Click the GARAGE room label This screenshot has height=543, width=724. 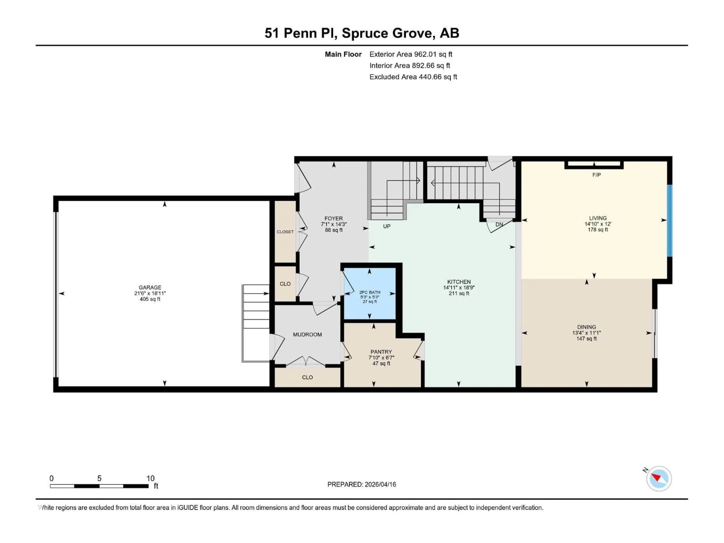(x=150, y=287)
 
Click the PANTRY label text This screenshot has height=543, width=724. (x=381, y=352)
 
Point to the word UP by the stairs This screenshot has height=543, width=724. (x=387, y=226)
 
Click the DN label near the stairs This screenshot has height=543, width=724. (x=499, y=225)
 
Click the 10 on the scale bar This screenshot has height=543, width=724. (x=150, y=478)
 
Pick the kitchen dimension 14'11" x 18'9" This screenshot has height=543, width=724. (x=459, y=288)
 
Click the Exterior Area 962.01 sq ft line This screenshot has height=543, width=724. (x=411, y=54)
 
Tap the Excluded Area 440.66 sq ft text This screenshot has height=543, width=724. (x=413, y=77)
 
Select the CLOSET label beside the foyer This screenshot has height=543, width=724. (x=285, y=232)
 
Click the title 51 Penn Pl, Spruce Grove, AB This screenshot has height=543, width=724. (x=362, y=33)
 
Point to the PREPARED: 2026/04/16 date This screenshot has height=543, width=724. (x=362, y=484)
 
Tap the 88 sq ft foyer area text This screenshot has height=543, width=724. (x=334, y=230)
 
